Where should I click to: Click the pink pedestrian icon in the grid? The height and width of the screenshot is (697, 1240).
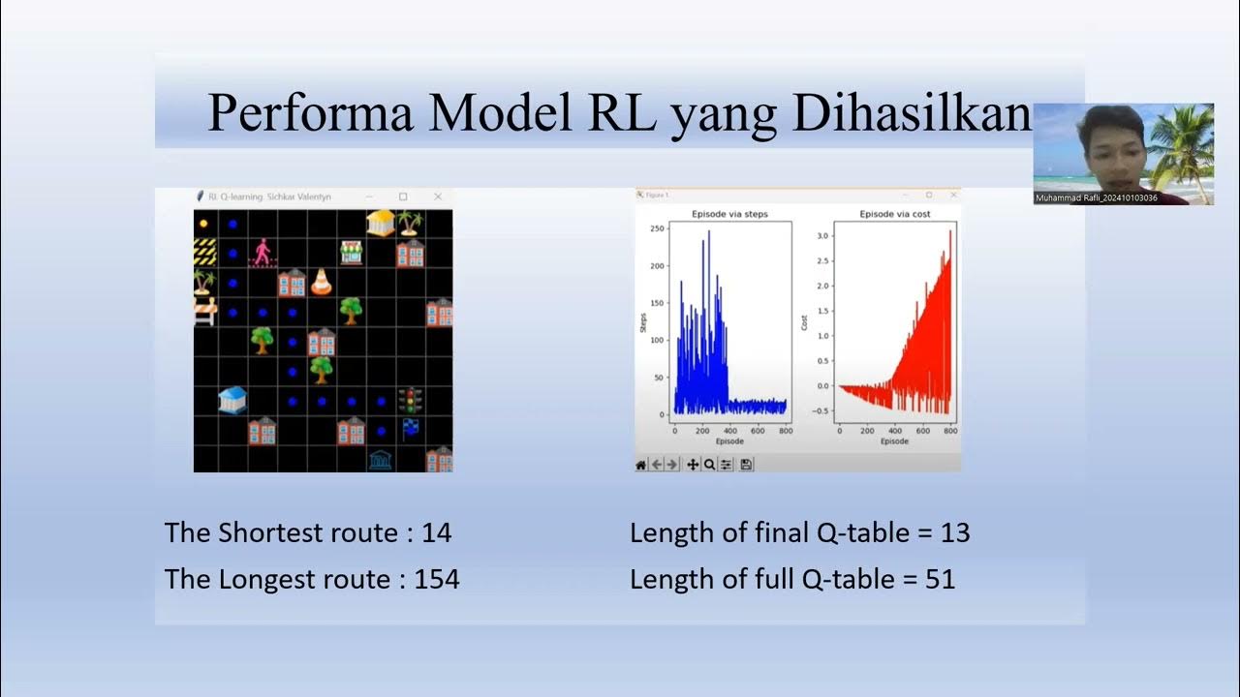click(263, 254)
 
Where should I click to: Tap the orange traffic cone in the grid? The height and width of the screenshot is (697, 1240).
click(321, 283)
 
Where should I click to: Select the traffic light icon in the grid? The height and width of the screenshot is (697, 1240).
click(411, 400)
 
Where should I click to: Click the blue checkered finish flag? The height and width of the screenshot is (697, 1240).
click(411, 429)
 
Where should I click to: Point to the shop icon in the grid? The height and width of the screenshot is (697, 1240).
click(351, 253)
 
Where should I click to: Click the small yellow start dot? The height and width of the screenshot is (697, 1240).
click(203, 224)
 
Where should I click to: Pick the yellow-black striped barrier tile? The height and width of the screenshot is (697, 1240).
click(204, 253)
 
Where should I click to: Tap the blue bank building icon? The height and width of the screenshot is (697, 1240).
click(232, 400)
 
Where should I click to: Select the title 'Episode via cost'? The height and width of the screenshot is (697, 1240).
click(894, 214)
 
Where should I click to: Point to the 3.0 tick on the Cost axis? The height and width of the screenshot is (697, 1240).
click(823, 235)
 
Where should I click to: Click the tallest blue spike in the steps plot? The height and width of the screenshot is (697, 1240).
click(709, 232)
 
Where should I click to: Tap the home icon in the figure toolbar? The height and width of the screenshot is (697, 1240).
click(640, 465)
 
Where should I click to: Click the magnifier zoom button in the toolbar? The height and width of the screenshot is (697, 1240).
click(709, 465)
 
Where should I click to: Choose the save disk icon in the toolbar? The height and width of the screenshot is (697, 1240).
click(746, 465)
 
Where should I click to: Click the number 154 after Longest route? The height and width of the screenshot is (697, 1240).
click(437, 580)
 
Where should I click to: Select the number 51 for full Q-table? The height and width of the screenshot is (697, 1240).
click(939, 580)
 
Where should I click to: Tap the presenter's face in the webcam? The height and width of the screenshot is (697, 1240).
click(1112, 145)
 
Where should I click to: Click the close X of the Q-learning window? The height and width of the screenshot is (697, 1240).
click(438, 197)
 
